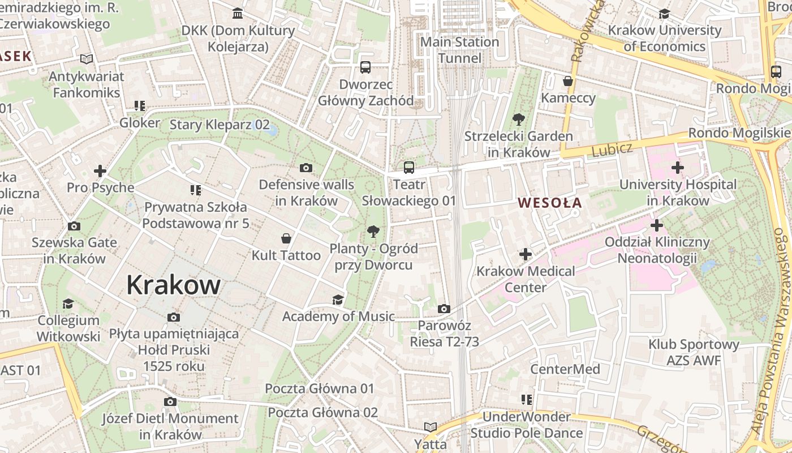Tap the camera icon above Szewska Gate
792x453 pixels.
coord(74,226)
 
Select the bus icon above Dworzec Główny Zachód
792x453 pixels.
coord(365,67)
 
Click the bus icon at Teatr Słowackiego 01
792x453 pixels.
coord(409,167)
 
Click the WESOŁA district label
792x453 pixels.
coord(549,202)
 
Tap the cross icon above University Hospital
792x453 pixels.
coord(678,168)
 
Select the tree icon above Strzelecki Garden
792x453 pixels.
coord(518,119)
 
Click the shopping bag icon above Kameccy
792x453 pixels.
coord(568,81)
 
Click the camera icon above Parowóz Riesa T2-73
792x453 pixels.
coord(444,309)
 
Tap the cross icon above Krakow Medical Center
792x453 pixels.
coord(526,254)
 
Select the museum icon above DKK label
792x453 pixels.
coord(238,13)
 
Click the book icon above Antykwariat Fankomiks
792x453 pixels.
coord(86,59)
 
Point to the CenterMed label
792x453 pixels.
coord(565,369)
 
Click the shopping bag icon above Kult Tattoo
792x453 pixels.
coord(287,238)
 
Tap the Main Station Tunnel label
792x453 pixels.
coord(459,50)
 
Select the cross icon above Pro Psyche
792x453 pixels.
coord(100,170)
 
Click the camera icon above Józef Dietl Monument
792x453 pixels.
coord(170,401)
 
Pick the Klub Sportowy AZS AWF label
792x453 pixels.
coord(694,352)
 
